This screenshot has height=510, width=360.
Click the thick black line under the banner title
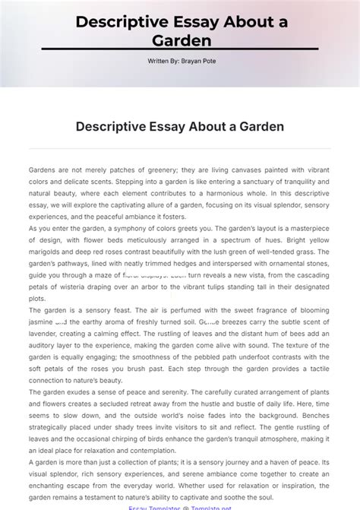pyautogui.click(x=179, y=50)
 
